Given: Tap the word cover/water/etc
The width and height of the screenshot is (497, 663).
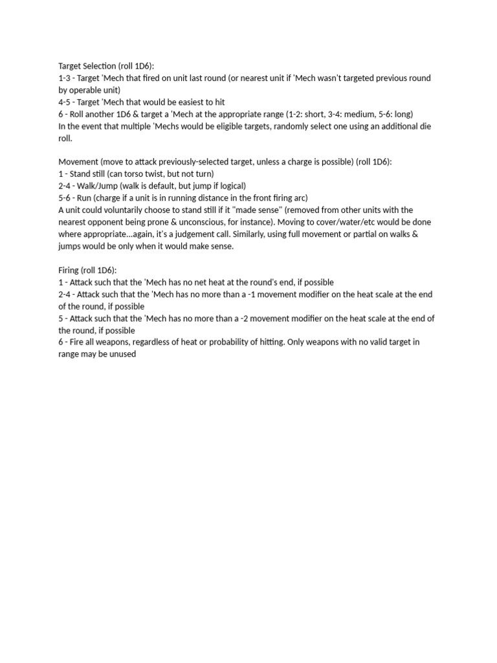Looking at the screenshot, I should click(x=359, y=222).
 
